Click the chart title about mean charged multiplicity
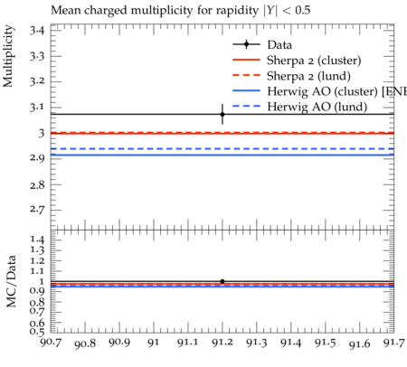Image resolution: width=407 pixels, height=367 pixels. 181,11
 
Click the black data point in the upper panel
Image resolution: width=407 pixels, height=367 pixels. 222,114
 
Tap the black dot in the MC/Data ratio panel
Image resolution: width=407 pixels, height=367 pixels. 222,281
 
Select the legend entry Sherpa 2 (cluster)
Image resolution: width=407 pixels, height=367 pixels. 297,61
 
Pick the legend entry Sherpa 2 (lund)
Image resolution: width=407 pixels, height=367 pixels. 291,76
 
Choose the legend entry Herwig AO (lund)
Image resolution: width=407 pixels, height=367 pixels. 300,107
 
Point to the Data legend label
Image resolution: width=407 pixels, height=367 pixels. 279,45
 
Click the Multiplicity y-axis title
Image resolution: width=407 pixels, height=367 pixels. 8,56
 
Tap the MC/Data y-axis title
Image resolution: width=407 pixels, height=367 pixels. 11,281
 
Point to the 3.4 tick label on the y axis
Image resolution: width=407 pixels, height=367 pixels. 37,31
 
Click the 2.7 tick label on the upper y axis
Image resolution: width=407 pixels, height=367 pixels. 37,210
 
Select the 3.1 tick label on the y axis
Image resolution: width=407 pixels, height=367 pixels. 37,108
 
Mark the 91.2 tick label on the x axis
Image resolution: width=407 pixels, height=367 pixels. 222,343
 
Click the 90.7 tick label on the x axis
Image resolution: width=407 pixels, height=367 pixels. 51,343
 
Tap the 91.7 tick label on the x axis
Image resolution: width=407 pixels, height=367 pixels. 393,343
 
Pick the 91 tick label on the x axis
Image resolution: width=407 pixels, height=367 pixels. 154,343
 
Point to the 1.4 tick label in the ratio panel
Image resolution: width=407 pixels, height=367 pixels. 37,240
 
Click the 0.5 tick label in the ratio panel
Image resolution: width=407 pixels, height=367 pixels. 37,332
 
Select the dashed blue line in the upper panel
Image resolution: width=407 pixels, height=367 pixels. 222,149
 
